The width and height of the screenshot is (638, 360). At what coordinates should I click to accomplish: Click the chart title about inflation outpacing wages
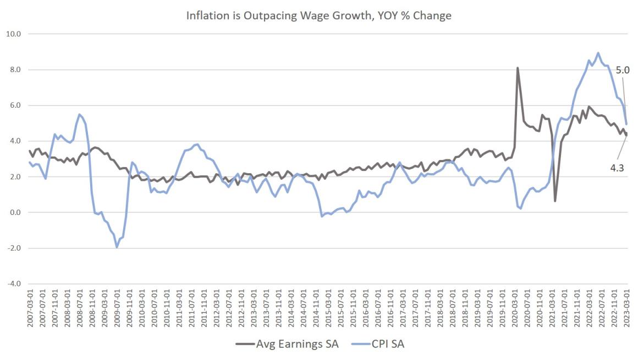coord(318,15)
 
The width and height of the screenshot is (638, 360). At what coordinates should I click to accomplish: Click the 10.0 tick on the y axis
coord(13,34)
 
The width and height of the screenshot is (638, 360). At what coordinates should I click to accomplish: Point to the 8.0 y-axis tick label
coord(14,69)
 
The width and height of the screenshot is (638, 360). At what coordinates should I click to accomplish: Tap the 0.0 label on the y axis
coord(14,212)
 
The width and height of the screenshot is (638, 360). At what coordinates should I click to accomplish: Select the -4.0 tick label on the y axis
coord(13,284)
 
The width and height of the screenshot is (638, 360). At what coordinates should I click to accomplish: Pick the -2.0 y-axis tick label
coord(13,248)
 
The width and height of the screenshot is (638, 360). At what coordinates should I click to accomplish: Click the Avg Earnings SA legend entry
coord(287,345)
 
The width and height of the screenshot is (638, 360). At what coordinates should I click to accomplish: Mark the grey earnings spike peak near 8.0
coord(518,68)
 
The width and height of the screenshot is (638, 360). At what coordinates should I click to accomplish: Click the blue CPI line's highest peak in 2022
coord(598,53)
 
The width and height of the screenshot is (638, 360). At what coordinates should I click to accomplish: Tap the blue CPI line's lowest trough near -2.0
coord(117,247)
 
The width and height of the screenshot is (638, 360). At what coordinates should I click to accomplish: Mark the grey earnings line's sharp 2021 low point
coord(555,201)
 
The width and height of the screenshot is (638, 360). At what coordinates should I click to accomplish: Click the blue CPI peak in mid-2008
coord(79,114)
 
